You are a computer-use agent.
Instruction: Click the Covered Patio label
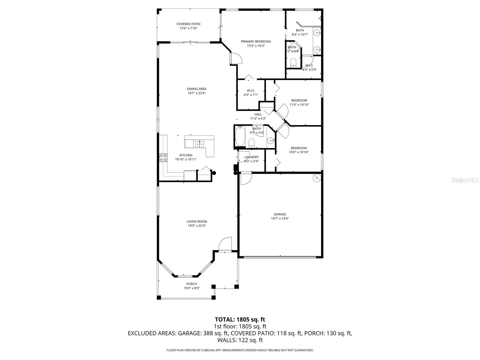click(x=188, y=24)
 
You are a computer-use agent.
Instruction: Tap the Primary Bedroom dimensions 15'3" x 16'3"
click(x=256, y=46)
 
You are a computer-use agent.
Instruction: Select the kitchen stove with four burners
click(x=163, y=158)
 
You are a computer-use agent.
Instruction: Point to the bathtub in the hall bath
click(x=240, y=136)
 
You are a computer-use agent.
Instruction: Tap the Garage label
click(x=280, y=214)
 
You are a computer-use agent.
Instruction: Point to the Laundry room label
click(x=251, y=157)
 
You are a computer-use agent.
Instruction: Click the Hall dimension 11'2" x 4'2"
click(x=258, y=118)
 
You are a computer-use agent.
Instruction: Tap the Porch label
click(x=192, y=284)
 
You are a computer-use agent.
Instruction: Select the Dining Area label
click(x=196, y=89)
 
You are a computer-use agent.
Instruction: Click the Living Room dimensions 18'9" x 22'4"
click(x=196, y=226)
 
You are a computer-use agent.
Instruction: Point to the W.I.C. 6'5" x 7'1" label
click(x=251, y=93)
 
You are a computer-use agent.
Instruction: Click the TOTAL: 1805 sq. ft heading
click(x=240, y=319)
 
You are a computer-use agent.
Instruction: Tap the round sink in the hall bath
click(x=270, y=140)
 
